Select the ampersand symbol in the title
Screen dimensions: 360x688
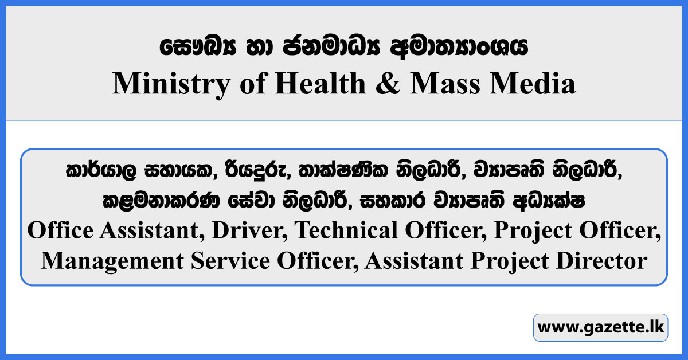point(388,84)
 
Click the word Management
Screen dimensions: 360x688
point(108,261)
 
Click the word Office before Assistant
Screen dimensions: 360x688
point(61,230)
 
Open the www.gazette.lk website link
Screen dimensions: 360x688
point(600,328)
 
